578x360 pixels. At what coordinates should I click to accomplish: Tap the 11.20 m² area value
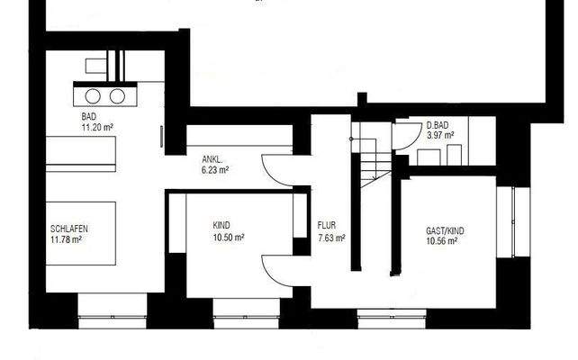[97, 128]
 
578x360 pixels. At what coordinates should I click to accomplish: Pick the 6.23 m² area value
[214, 168]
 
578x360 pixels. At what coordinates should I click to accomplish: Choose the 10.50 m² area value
[229, 237]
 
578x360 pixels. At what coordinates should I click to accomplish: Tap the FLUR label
[327, 226]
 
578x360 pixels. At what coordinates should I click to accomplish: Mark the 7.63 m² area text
[331, 238]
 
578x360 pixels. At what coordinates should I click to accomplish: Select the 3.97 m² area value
[440, 135]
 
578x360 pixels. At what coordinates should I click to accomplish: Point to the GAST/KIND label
[445, 230]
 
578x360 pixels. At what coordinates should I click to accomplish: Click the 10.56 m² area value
[441, 240]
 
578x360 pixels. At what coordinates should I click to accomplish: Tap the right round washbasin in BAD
[117, 96]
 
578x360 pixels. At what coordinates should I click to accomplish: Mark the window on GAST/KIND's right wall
[514, 222]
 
